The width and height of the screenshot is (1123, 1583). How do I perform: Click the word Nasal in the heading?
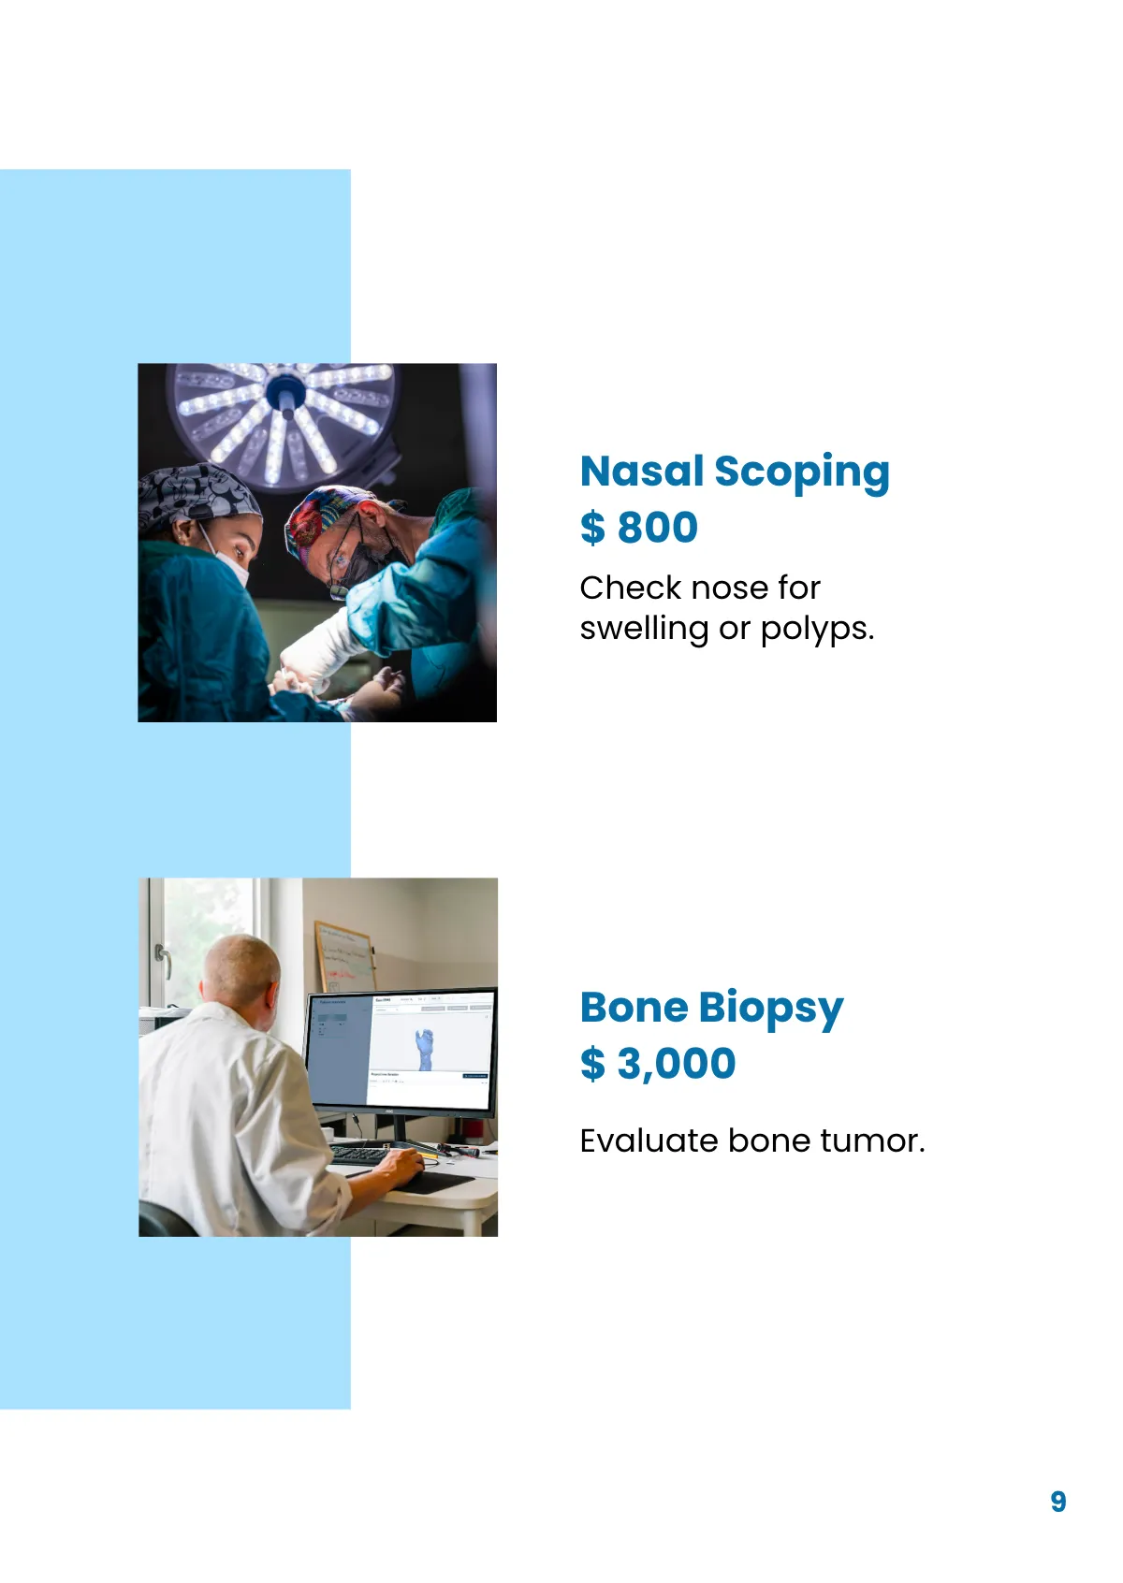pos(641,471)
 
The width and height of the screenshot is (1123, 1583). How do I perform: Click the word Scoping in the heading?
pos(801,472)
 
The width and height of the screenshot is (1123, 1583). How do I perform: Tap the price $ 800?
pos(639,527)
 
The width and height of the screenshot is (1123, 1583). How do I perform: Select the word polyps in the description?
pos(816,629)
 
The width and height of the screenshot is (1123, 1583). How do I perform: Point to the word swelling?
pos(644,629)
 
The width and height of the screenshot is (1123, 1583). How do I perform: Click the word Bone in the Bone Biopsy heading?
pos(634,1008)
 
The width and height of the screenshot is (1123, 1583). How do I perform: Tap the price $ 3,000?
pos(658,1063)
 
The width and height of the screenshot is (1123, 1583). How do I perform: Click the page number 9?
pos(1057,1502)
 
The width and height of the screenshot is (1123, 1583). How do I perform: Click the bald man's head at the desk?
pos(241,968)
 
